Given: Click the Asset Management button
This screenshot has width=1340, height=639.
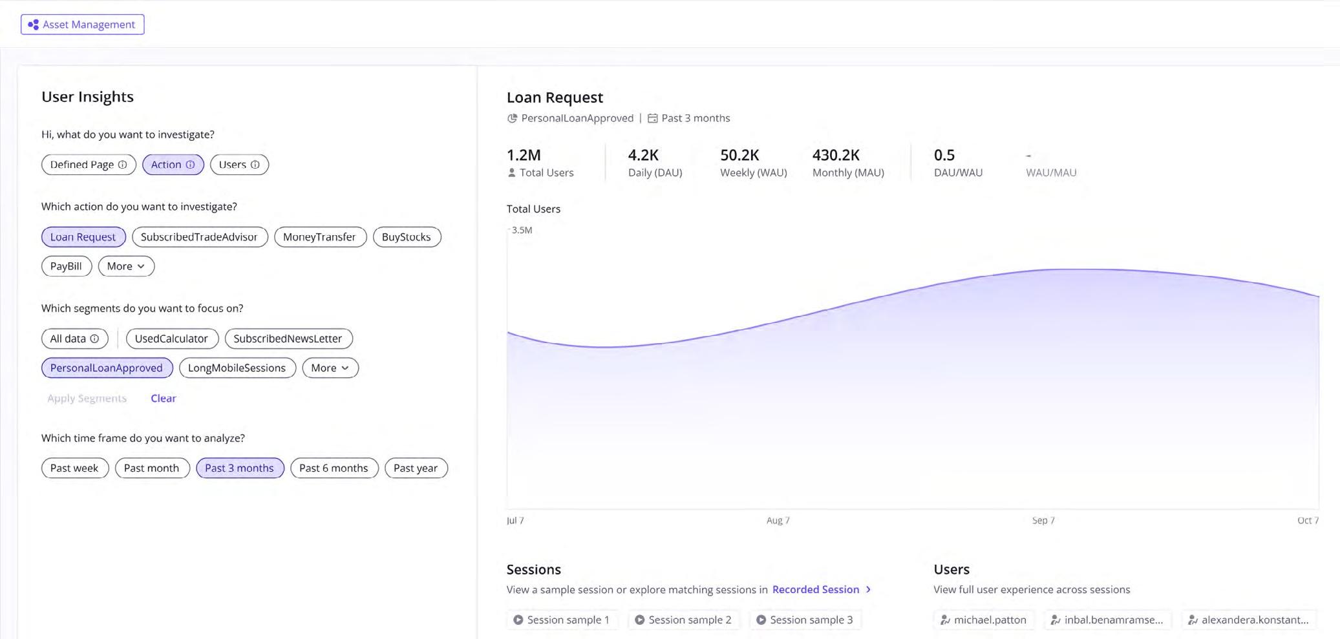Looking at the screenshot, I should (x=82, y=25).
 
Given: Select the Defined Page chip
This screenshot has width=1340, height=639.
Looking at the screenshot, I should (x=88, y=165).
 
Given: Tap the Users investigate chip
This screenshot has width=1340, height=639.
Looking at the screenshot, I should (x=239, y=165).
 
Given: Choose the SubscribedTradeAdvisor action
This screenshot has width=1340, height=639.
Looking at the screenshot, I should (x=199, y=237).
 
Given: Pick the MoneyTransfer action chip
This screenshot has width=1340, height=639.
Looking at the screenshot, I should (x=319, y=237).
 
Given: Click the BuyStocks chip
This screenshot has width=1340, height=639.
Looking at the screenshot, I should (x=406, y=237).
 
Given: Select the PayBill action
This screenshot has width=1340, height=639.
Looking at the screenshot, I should (x=66, y=266).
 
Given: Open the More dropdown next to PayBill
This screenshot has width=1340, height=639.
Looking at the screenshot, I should (x=126, y=266).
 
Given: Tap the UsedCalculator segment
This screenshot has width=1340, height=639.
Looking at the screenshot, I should (x=171, y=339).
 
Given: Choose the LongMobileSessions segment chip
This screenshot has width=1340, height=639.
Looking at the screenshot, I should (x=237, y=368).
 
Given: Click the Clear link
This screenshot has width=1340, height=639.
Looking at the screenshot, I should (x=163, y=399).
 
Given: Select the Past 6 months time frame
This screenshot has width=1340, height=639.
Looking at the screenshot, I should (x=334, y=468).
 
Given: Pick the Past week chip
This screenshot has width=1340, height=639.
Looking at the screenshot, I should (x=74, y=468).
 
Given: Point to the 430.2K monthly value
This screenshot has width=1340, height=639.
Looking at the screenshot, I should (x=835, y=156).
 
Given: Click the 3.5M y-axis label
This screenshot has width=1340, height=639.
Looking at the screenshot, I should (x=522, y=230).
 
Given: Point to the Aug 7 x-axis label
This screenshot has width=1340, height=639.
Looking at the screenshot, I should (x=778, y=521).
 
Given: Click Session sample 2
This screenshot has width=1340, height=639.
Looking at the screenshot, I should (x=684, y=620).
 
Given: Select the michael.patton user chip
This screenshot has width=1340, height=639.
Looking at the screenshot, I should (x=983, y=620).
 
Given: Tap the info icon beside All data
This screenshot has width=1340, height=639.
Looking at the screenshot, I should (x=94, y=339).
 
